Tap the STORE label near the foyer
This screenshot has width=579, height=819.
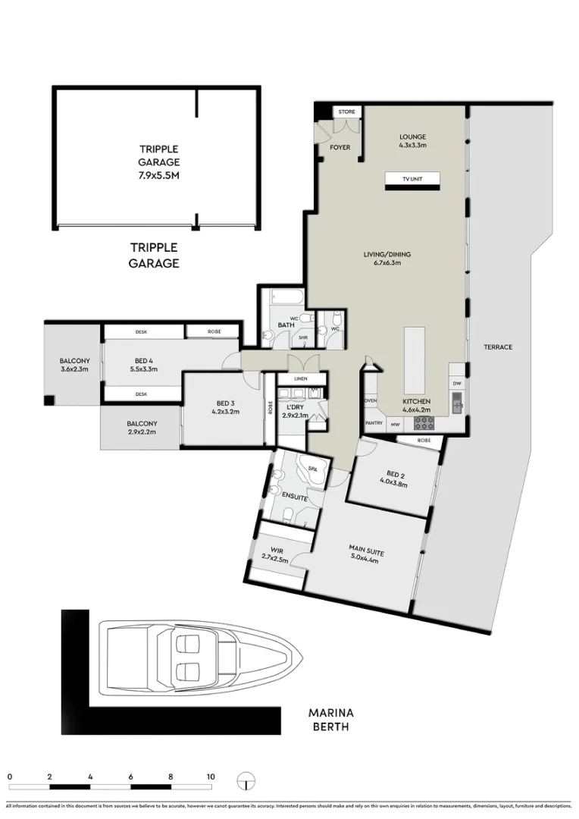tap(346, 112)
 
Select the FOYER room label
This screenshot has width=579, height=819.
tap(340, 147)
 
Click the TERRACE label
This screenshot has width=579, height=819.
tap(499, 347)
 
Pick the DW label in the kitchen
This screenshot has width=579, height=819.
tap(456, 384)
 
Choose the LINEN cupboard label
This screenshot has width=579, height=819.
tap(302, 378)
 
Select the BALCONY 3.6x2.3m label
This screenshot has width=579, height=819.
tap(74, 365)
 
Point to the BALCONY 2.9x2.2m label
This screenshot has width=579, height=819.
tap(141, 428)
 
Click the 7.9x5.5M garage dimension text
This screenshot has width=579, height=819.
tap(158, 175)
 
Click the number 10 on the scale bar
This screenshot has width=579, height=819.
tap(210, 777)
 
